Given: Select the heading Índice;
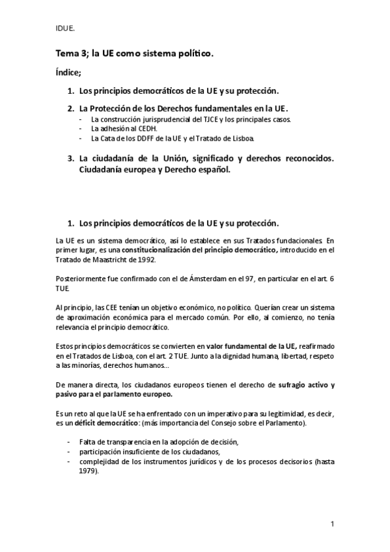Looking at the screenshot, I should click(68, 74).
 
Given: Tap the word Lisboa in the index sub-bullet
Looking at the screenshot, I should click(245, 139).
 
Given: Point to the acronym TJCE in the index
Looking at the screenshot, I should click(217, 120).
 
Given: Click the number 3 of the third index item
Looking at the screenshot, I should click(70, 158).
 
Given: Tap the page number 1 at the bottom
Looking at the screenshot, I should click(332, 523).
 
